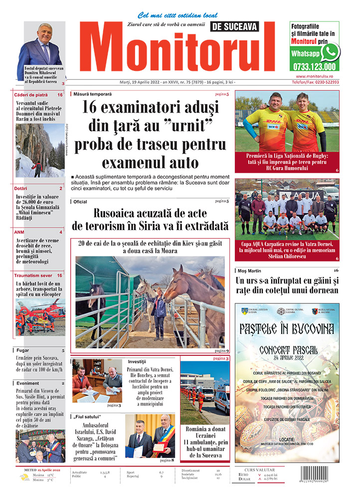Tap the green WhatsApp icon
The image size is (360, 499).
tap(330, 52)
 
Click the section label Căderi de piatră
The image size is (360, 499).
tap(31, 94)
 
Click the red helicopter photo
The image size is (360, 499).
tap(39, 316)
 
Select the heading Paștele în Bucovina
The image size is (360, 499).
tap(287, 329)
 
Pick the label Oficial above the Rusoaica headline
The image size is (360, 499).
tap(80, 202)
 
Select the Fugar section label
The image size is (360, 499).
tap(23, 350)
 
